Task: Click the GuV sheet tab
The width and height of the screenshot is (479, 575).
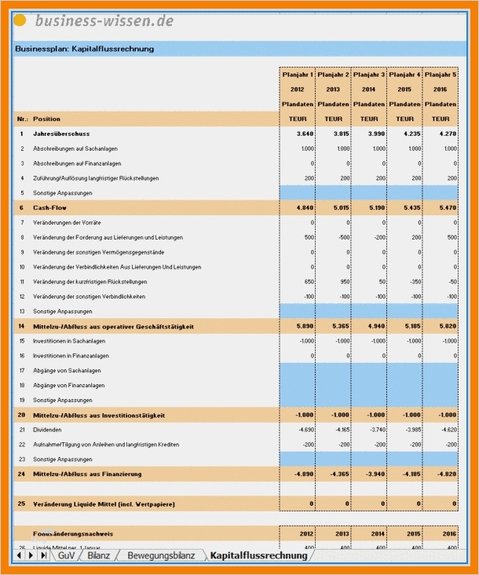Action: [x=67, y=555]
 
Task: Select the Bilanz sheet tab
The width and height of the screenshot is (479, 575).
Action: [x=99, y=555]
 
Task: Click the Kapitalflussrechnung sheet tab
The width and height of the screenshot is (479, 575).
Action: [x=259, y=555]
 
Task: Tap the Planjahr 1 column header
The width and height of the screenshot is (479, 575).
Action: [x=297, y=75]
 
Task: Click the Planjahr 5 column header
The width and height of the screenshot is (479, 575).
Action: [x=441, y=75]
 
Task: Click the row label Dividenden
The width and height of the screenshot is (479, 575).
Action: [x=49, y=430]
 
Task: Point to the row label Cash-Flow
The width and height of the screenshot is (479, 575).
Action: [x=49, y=207]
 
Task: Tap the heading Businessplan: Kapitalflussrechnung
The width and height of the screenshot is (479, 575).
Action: [x=84, y=49]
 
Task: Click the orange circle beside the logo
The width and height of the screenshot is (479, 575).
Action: [x=20, y=20]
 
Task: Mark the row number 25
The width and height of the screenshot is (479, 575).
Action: [x=21, y=504]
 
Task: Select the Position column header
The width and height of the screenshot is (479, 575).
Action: [x=46, y=119]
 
